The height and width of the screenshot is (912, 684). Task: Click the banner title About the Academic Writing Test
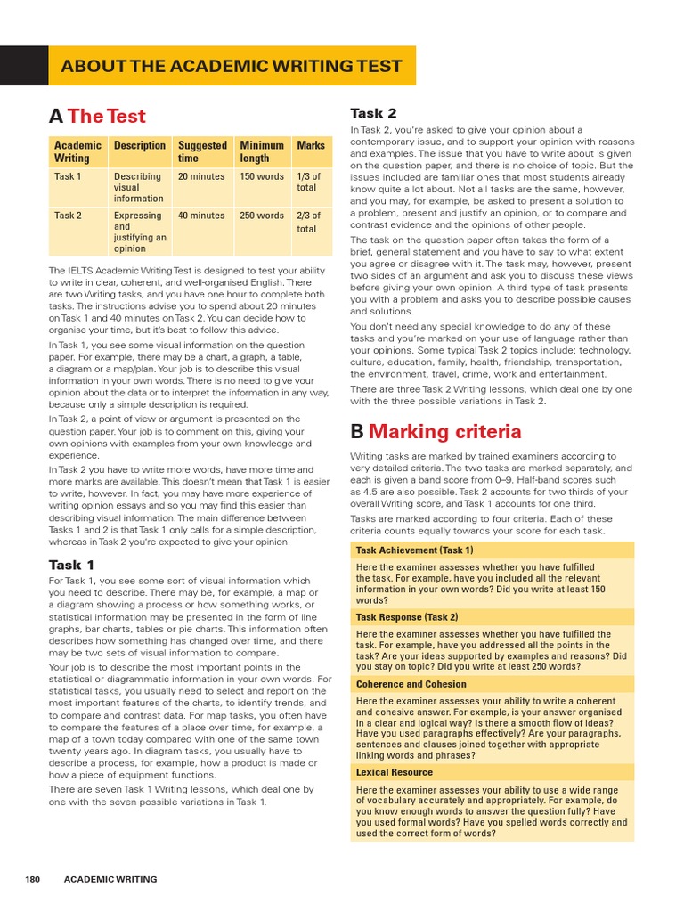click(231, 67)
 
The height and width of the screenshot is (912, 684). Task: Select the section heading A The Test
click(98, 116)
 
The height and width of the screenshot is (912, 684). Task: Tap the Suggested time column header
click(202, 151)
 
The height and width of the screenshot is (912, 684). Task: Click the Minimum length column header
click(262, 151)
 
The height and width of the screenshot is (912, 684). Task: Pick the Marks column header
click(311, 145)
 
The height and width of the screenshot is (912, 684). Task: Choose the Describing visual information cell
click(138, 188)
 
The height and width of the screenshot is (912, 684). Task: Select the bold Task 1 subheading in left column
click(72, 565)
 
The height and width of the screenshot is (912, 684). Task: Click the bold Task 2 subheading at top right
click(373, 113)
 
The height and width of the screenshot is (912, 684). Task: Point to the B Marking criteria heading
click(436, 432)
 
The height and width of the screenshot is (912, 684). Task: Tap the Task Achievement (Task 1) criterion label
click(414, 550)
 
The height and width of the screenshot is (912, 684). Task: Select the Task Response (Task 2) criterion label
click(407, 617)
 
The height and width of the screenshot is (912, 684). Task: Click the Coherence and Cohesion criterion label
click(411, 684)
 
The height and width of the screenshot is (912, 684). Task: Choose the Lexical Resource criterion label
click(395, 772)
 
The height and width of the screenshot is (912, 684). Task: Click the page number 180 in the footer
click(33, 879)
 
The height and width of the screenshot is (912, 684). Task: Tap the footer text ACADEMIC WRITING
click(110, 879)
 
